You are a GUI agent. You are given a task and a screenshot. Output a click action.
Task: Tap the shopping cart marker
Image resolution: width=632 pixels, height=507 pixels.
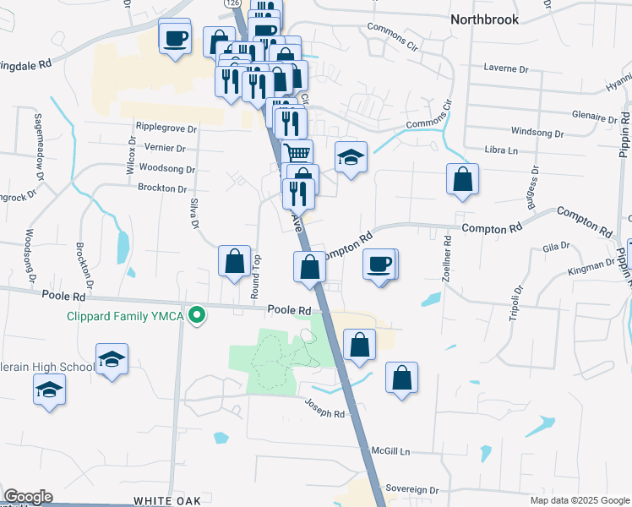297,154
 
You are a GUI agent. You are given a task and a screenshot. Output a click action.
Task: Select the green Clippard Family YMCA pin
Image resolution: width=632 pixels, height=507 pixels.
197,316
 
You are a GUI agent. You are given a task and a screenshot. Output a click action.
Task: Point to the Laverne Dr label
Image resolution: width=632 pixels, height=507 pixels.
506,67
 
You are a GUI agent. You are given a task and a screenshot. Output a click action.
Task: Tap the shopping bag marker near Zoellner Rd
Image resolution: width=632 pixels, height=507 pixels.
462,179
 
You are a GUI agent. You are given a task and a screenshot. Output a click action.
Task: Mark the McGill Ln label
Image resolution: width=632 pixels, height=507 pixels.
394,451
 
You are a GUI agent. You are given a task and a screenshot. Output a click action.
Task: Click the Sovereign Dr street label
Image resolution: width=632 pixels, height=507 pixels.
412,489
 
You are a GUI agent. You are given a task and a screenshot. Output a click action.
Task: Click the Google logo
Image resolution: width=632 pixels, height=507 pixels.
28,497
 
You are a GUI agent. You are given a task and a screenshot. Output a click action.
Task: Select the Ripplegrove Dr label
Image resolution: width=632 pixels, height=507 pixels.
166,128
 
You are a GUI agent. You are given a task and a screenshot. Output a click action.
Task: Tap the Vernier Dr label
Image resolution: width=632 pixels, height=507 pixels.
164,148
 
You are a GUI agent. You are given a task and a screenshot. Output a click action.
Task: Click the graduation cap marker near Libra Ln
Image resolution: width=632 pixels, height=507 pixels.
351,157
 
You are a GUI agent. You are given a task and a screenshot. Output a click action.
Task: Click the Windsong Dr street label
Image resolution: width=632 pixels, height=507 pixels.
537,133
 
